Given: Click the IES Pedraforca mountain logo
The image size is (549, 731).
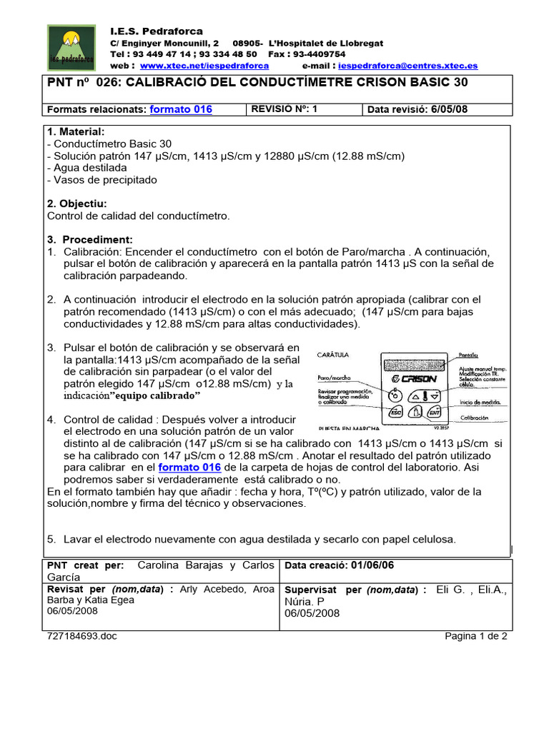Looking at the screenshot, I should pyautogui.click(x=74, y=47).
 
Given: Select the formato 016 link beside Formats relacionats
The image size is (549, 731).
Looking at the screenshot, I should pyautogui.click(x=180, y=109).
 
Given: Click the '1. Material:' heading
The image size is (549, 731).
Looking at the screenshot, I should pyautogui.click(x=76, y=132).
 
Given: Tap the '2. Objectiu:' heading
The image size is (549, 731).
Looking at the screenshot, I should pyautogui.click(x=76, y=203).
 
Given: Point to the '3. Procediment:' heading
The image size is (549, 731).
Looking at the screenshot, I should pyautogui.click(x=90, y=239).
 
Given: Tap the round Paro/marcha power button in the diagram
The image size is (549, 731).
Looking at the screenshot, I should pyautogui.click(x=394, y=395).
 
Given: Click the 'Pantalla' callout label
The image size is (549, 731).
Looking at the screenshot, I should pyautogui.click(x=468, y=355).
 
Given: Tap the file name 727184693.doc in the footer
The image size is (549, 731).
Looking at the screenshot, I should pyautogui.click(x=80, y=637).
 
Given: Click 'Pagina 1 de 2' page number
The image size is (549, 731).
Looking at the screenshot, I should pyautogui.click(x=475, y=637).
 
